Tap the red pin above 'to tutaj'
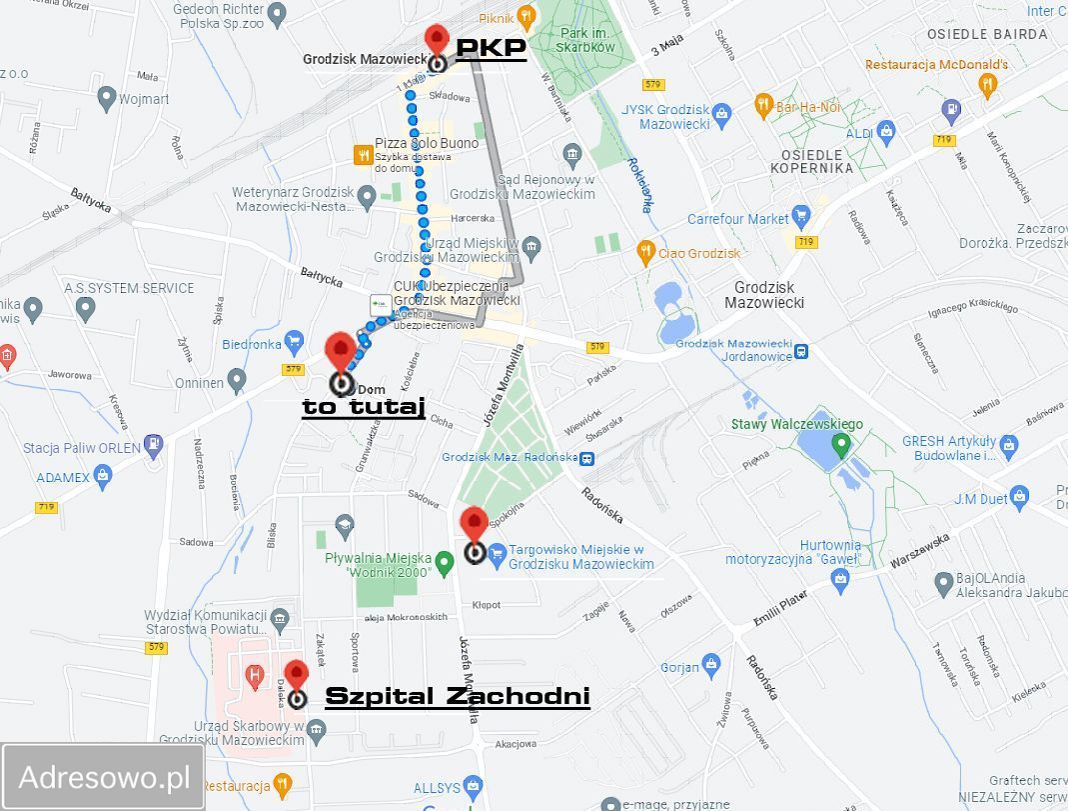[341, 352]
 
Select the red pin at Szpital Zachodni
[296, 675]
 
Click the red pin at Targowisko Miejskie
[474, 524]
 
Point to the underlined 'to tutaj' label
[364, 406]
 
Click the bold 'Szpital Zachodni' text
[458, 696]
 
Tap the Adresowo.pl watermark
[104, 777]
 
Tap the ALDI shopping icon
[885, 132]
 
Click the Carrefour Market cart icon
[800, 217]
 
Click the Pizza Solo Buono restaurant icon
[363, 155]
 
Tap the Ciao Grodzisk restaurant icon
[646, 252]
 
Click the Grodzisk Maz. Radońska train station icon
[589, 459]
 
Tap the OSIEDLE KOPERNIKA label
[811, 161]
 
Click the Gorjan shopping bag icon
[710, 664]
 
